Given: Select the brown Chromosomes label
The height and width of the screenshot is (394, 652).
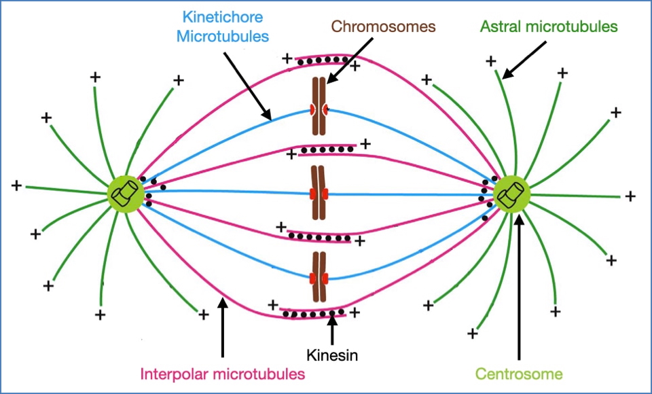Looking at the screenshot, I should pyautogui.click(x=383, y=26).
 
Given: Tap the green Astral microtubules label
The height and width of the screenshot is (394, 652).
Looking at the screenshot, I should pyautogui.click(x=549, y=26).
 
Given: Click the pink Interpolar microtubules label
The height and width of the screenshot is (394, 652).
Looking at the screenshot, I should pyautogui.click(x=222, y=373).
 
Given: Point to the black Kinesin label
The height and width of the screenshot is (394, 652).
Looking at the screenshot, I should pyautogui.click(x=331, y=355).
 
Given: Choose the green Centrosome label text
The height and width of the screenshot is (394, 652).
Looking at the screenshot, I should pyautogui.click(x=519, y=373).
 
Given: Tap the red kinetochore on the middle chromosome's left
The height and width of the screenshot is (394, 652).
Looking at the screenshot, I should pyautogui.click(x=313, y=195).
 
